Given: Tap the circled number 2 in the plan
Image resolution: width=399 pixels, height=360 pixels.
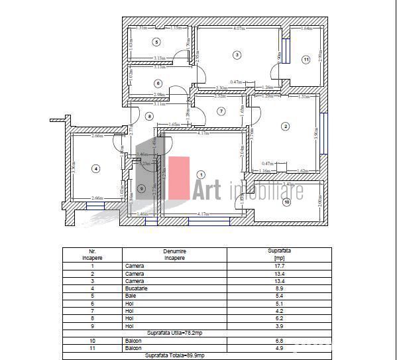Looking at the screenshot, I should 285,126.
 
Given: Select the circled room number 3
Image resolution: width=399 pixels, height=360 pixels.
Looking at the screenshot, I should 237,54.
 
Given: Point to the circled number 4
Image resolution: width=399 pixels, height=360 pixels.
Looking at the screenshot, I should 96,168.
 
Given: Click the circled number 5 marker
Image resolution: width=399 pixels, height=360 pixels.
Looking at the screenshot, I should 156,42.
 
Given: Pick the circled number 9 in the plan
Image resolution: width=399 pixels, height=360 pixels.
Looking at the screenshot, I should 141,188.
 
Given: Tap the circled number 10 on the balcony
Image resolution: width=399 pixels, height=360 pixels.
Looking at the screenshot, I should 286,202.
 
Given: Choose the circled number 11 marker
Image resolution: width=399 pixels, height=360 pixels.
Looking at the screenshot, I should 306,60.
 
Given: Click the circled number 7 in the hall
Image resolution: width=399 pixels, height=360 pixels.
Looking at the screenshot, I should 221,111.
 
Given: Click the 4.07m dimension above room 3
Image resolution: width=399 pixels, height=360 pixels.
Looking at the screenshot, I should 239,29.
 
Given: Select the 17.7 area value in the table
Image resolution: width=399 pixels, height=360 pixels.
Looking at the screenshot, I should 278,265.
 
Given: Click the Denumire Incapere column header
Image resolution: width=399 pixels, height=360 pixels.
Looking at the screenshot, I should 174,255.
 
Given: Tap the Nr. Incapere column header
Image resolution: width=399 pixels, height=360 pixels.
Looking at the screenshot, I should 93,255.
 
